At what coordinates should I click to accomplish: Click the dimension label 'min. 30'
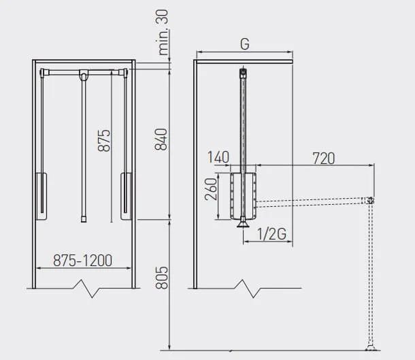point(163,33)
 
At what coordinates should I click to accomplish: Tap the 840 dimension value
point(161,140)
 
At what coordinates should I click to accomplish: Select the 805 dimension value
point(162,278)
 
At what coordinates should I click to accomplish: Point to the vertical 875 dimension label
point(104,140)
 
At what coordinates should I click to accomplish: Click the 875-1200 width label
point(82,260)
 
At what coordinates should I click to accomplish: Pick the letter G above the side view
point(245,44)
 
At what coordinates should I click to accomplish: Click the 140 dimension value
point(218,157)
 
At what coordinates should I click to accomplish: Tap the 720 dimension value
point(324,159)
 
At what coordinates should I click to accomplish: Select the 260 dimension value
point(212,189)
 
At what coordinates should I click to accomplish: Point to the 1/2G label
point(272,234)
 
